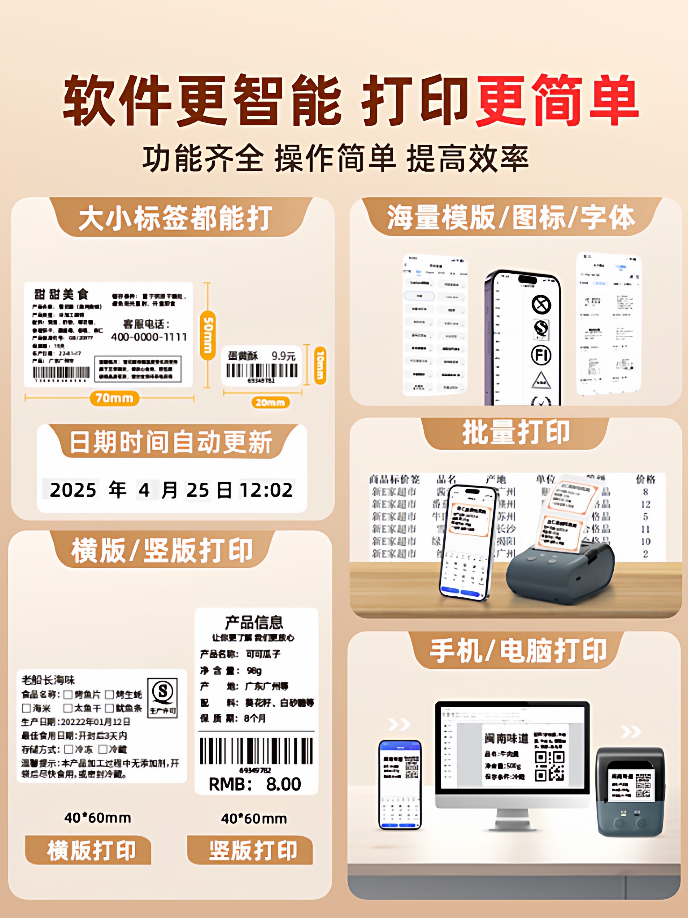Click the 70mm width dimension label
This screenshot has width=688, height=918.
[114, 398]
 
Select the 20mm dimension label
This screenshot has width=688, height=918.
[270, 402]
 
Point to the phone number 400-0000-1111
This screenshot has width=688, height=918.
[148, 337]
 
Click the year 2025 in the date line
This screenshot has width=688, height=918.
[73, 490]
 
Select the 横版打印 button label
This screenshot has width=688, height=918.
[91, 851]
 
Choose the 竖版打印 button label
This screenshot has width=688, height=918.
[253, 851]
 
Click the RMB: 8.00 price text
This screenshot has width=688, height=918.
[255, 784]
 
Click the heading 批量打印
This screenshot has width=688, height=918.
[516, 433]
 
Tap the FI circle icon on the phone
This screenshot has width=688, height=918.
[541, 355]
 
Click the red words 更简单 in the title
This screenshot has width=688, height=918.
[557, 101]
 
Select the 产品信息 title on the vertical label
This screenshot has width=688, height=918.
[254, 622]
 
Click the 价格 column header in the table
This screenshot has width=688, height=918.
[645, 480]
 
